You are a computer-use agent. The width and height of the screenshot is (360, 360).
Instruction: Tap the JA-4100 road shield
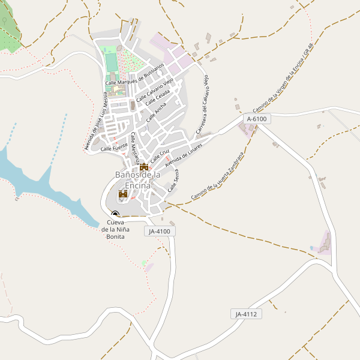click(160, 231)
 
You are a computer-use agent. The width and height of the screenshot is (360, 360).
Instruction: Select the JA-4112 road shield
click(246, 314)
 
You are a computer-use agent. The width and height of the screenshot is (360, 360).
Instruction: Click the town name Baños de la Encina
click(137, 179)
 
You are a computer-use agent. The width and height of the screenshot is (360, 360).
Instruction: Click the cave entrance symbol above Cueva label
click(115, 214)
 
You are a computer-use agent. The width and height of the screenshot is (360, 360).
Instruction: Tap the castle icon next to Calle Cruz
click(144, 167)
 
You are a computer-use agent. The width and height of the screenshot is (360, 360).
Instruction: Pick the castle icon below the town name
click(123, 194)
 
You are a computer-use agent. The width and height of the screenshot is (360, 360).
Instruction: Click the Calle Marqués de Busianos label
click(134, 74)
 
